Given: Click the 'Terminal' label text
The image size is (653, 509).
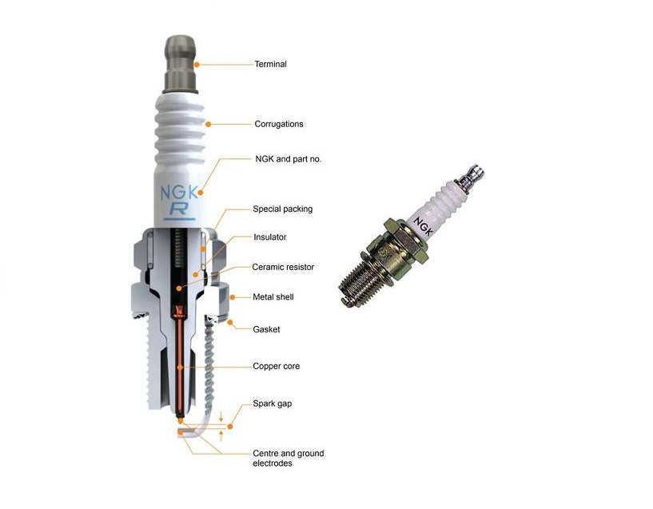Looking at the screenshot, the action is tap(271, 64).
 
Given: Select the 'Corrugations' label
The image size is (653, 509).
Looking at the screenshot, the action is tap(279, 124).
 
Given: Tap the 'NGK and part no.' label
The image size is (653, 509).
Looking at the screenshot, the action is tap(289, 159).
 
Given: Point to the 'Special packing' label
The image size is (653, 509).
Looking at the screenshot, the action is tap(282, 209).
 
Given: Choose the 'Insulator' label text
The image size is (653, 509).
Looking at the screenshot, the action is tap(270, 237).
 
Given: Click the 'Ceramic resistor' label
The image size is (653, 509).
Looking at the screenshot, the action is tap(283, 267).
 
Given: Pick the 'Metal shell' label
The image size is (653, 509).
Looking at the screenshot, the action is tap(273, 297).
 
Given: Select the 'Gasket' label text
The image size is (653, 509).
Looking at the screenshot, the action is tap(266, 330).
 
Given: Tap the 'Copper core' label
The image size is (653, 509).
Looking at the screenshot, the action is tap(276, 366).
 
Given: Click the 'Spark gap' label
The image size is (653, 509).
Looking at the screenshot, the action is tap(272, 404).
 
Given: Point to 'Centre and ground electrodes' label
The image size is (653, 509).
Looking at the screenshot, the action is tap(289, 458).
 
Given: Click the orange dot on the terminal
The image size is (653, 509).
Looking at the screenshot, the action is tap(197, 65).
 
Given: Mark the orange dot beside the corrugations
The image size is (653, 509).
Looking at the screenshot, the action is tap(209, 124).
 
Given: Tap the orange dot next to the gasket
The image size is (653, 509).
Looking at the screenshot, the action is tap(230, 323).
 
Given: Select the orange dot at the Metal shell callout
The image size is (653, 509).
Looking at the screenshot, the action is tap(233, 297).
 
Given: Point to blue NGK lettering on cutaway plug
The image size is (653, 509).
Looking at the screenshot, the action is tap(180, 193).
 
